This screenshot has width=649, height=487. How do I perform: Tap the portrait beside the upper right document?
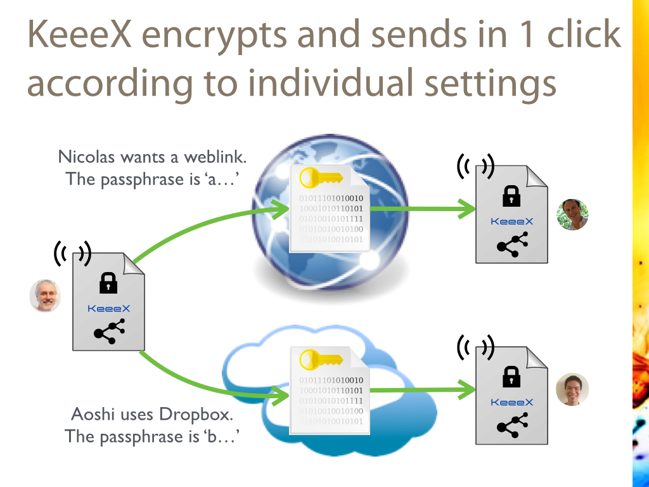572,214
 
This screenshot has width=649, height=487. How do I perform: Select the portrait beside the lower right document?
572,389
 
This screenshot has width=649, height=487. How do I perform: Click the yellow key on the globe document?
321,177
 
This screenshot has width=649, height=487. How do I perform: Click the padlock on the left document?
108,283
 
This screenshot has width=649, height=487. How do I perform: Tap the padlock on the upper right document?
511,196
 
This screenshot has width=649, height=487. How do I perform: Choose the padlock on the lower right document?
511,377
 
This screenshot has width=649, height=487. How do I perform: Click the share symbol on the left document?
108,332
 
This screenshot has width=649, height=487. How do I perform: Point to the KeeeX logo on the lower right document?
512,402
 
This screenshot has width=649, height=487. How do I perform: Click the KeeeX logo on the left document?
108,308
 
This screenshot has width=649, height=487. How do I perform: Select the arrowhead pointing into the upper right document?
468,208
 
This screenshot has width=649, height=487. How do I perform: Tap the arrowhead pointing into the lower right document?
468,389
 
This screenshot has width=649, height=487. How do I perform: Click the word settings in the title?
484,84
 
